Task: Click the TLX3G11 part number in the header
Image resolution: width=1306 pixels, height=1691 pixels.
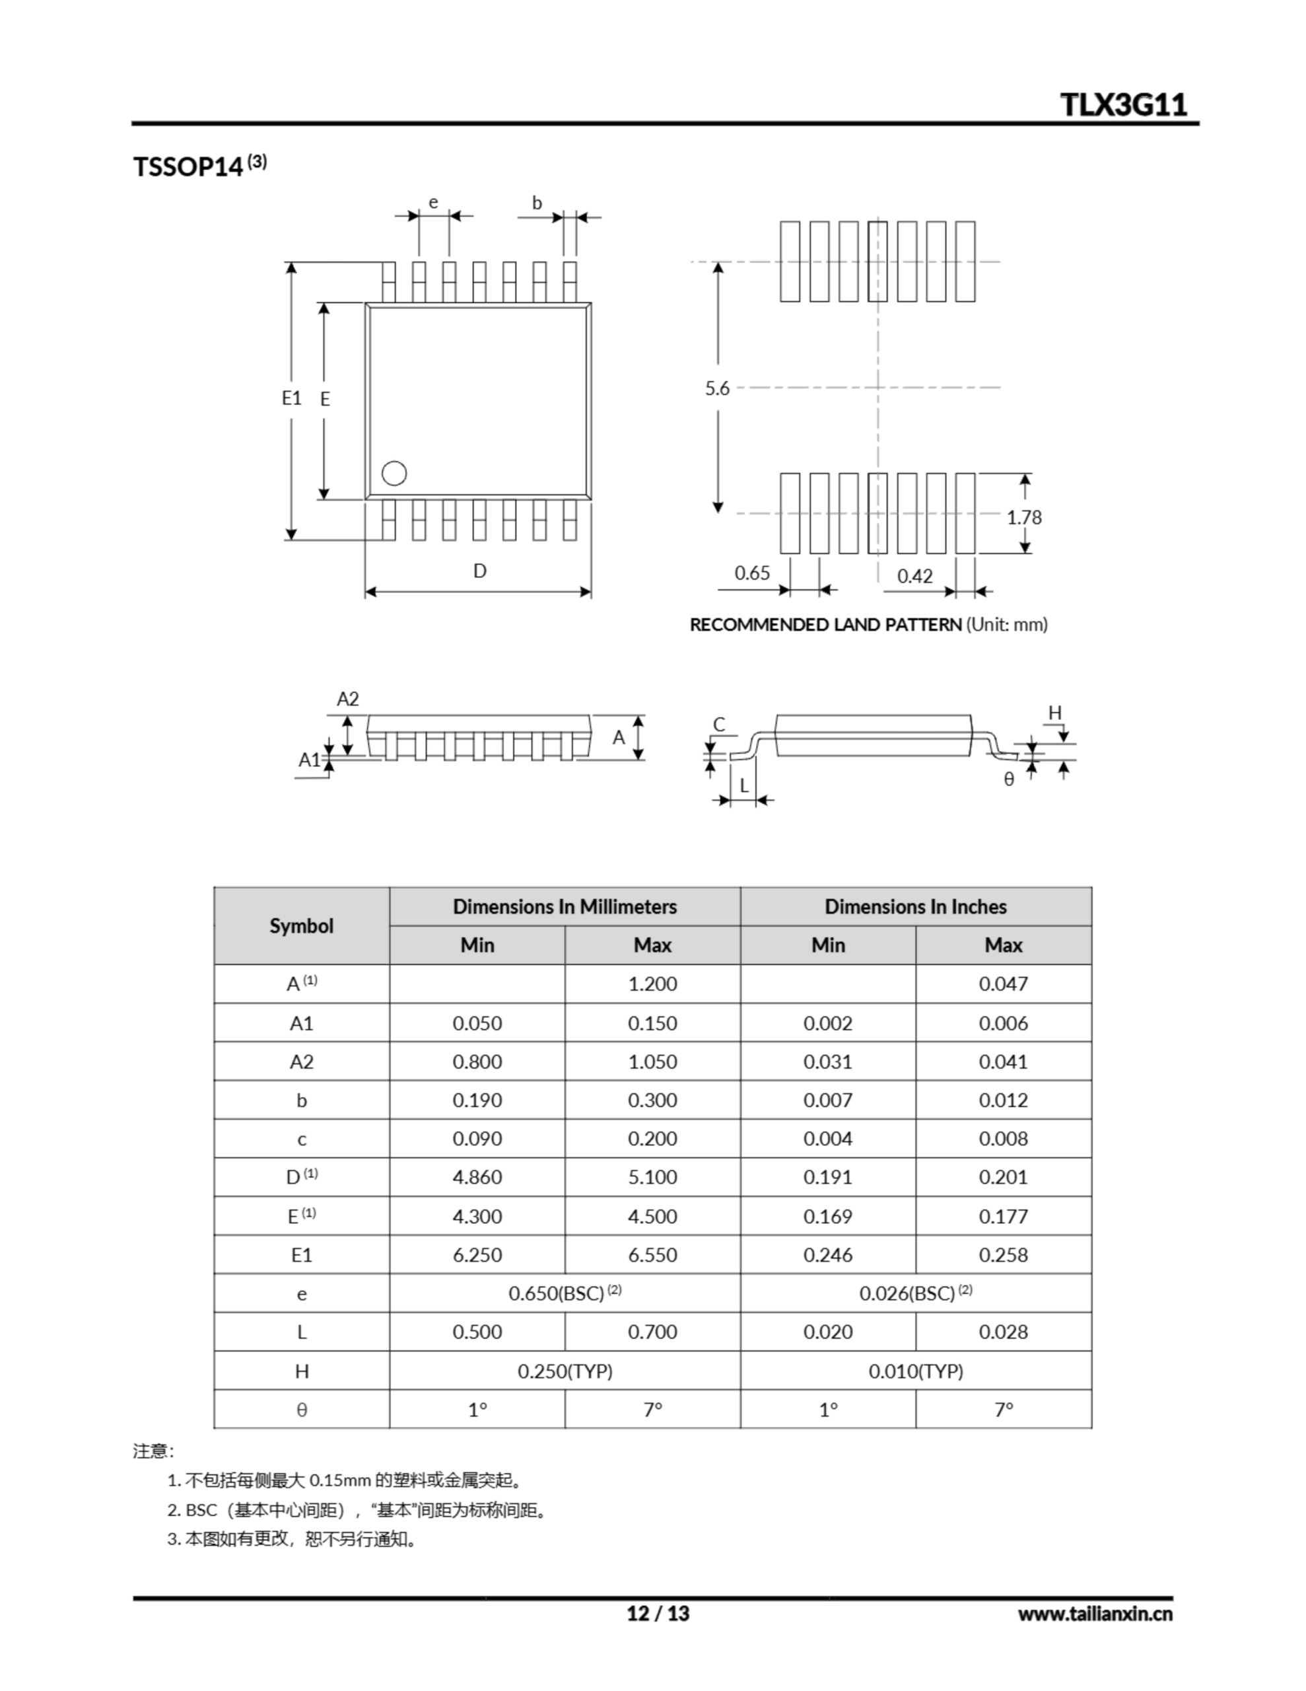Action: [x=1122, y=104]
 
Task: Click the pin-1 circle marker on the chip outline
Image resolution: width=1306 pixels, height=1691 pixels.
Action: [x=394, y=473]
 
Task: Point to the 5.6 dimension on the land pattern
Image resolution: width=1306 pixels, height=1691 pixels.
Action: [x=717, y=388]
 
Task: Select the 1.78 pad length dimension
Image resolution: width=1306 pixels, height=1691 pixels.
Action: [x=1023, y=517]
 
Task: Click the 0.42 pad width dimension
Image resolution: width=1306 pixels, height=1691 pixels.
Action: [x=914, y=576]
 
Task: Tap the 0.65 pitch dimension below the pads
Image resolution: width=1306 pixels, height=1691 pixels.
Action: [x=751, y=573]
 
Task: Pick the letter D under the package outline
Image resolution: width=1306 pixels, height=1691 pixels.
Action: [x=479, y=571]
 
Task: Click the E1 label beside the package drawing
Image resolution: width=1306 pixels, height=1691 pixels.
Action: [x=291, y=398]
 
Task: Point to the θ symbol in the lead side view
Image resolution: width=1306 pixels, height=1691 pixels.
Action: [x=1009, y=779]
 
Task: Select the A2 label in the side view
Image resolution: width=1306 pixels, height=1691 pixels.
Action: [x=347, y=699]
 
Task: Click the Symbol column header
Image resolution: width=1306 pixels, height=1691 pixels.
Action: [x=301, y=926]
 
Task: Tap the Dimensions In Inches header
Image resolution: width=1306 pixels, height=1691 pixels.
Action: [x=915, y=907]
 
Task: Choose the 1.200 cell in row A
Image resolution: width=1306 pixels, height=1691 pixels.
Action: [x=652, y=984]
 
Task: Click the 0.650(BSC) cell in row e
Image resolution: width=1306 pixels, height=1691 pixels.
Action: [x=565, y=1294]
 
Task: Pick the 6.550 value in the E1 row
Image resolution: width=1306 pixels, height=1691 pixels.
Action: [x=652, y=1255]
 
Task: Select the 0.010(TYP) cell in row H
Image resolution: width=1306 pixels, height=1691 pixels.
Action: [x=915, y=1371]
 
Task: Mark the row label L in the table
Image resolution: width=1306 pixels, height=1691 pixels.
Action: [x=301, y=1332]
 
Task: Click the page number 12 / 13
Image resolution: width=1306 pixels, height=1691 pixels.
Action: [x=657, y=1614]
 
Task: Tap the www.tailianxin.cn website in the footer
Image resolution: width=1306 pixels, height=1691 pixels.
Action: [x=1095, y=1614]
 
